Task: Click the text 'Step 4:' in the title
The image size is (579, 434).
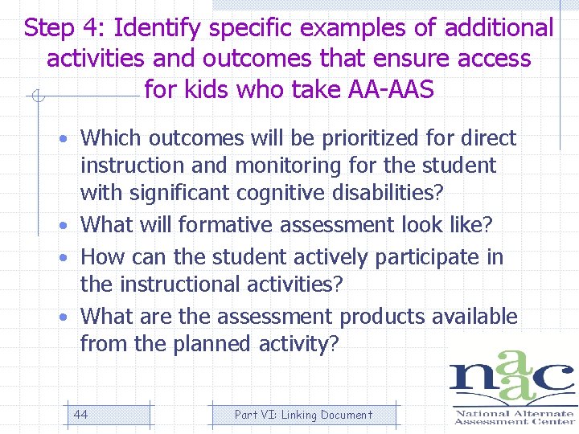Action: coord(66,29)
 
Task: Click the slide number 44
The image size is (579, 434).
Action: coord(80,415)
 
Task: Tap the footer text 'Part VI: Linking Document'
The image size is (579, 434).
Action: coord(303,415)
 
